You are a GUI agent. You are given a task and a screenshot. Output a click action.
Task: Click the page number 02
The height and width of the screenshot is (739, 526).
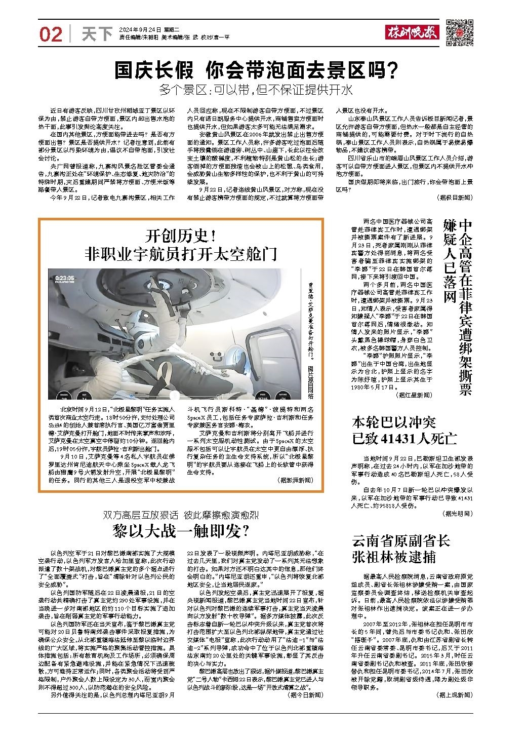[51, 34]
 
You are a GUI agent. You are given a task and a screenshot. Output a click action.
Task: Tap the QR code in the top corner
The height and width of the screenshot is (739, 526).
[460, 32]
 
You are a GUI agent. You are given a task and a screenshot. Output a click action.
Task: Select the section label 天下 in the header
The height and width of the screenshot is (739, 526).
[96, 34]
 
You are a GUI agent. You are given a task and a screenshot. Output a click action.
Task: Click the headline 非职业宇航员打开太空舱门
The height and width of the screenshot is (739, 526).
[181, 253]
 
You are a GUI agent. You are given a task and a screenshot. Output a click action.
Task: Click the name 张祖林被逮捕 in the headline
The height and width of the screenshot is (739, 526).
[393, 557]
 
